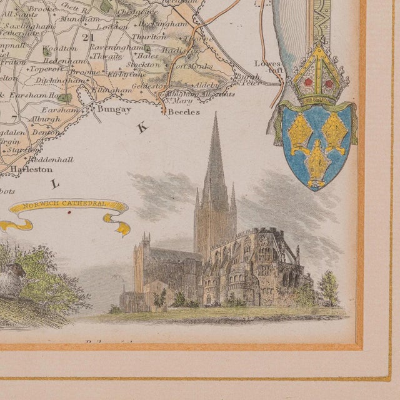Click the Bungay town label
click(114, 110)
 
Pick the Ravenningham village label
click(110, 46)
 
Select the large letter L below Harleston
click(56, 184)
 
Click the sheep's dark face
click(17, 270)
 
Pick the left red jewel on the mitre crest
click(309, 82)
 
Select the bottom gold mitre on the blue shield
click(317, 162)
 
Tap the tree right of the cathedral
click(328, 287)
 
